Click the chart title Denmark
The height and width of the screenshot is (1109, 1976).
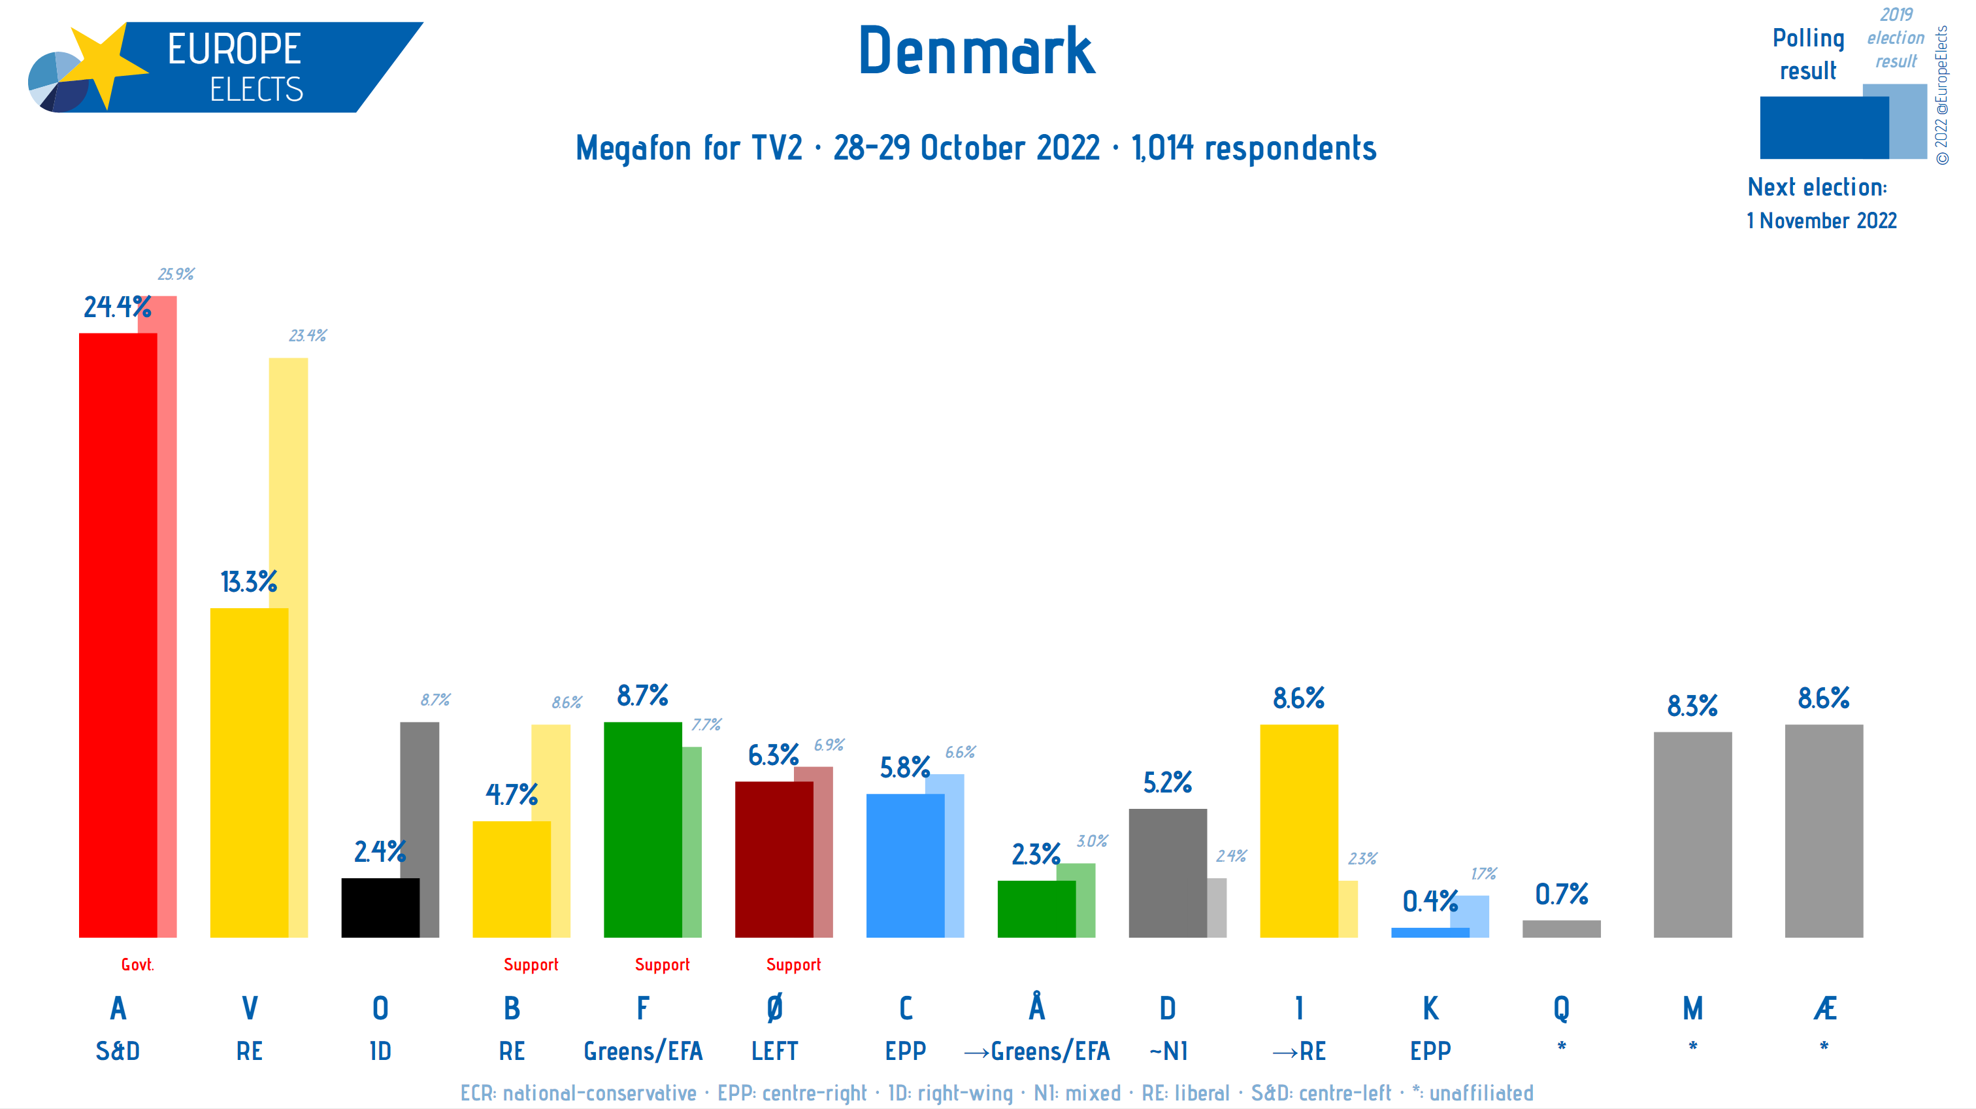point(976,52)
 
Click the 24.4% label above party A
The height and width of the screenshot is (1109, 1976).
point(116,307)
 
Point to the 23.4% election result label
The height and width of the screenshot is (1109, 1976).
point(308,335)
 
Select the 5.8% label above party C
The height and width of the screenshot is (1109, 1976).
point(904,768)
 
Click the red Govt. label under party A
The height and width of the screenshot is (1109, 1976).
point(137,964)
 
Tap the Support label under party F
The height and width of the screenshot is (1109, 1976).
point(662,964)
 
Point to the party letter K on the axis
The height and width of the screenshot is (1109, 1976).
point(1430,1008)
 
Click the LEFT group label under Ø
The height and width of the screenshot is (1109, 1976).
point(774,1051)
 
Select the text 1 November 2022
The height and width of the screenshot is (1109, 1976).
point(1821,221)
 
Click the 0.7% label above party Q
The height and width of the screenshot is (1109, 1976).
point(1561,894)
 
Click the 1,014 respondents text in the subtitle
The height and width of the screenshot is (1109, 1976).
point(1253,148)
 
